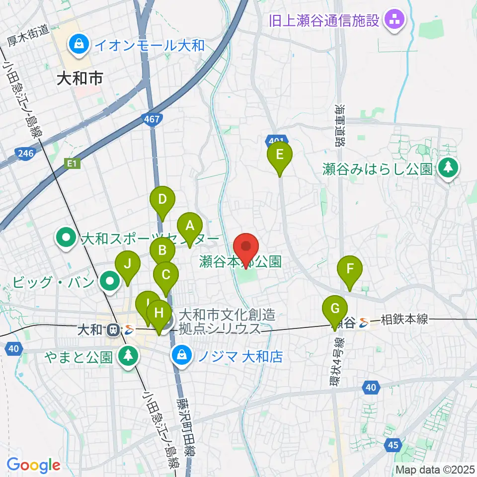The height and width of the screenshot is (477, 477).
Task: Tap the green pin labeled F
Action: [x=350, y=270]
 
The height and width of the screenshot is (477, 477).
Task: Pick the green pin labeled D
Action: [x=162, y=200]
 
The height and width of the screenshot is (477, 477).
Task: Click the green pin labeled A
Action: [x=189, y=227]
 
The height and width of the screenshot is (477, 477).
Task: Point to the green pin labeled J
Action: [x=128, y=264]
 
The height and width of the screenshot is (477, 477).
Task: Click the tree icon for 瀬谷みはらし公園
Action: [x=448, y=169]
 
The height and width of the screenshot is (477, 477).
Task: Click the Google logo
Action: [x=33, y=465]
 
